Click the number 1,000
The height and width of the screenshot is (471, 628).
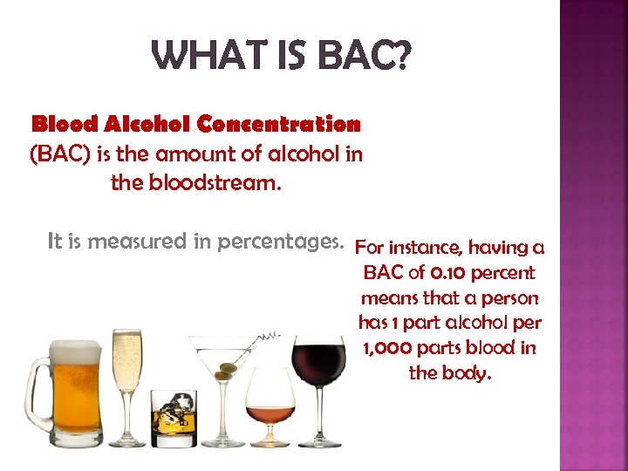coord(391,348)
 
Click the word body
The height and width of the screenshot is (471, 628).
coord(470,373)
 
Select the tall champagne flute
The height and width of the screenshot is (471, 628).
coord(127,366)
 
